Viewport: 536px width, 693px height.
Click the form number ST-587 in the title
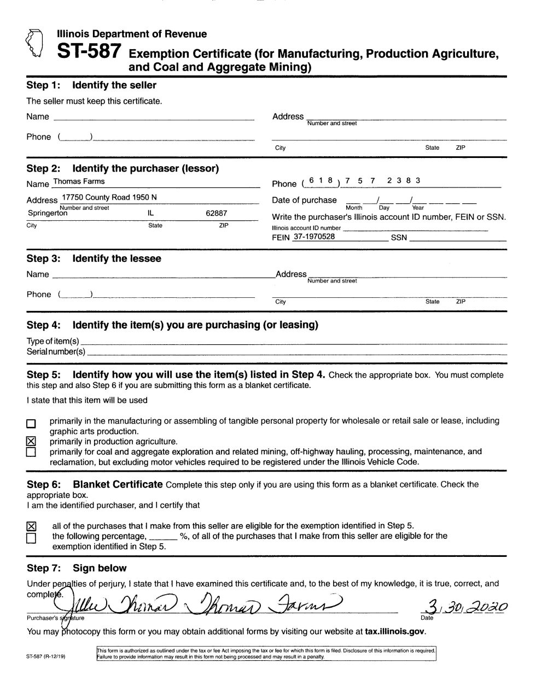pos(89,52)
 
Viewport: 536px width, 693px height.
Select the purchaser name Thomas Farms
pos(78,181)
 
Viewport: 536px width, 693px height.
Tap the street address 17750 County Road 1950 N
pos(109,197)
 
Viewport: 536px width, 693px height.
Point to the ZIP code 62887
pos(216,213)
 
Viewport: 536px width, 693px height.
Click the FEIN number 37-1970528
pos(314,237)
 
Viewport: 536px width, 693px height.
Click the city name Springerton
pos(48,213)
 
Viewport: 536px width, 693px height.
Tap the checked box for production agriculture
pos(31,441)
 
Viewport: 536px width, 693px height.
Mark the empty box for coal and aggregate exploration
pos(31,452)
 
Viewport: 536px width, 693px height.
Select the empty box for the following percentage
pos(31,538)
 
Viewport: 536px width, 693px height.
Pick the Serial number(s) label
pos(56,351)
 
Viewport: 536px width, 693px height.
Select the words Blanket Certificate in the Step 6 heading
pos(118,484)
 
